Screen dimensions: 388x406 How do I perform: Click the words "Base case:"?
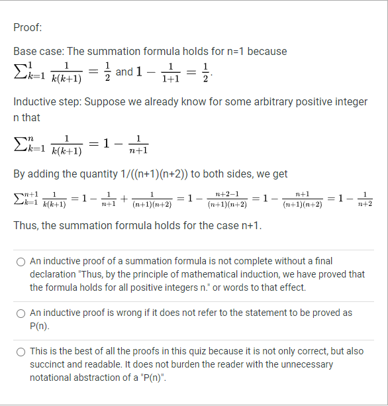click(39, 51)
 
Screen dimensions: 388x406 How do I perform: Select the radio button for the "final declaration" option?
click(21, 262)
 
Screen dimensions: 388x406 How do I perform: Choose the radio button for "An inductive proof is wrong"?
click(21, 313)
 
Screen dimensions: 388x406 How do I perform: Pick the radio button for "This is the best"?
click(21, 352)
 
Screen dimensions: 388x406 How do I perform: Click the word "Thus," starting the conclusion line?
click(26, 225)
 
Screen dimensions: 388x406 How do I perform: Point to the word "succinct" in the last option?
click(47, 364)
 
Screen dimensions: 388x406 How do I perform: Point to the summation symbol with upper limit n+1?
click(23, 199)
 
